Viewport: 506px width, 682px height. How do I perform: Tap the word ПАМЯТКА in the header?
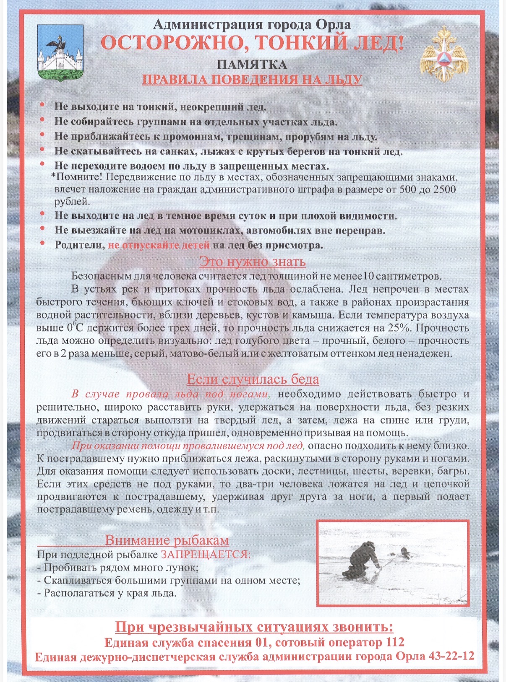click(x=252, y=65)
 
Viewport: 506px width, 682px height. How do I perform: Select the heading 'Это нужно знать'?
click(x=252, y=262)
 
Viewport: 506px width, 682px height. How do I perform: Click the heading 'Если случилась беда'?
click(x=253, y=379)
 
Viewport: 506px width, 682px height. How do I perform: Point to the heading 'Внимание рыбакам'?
click(x=167, y=540)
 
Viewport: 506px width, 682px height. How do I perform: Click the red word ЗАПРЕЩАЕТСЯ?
click(x=205, y=555)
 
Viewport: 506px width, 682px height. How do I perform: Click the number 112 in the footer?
click(x=394, y=642)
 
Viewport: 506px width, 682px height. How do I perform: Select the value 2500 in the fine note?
click(x=444, y=189)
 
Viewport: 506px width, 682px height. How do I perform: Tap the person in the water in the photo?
click(x=405, y=553)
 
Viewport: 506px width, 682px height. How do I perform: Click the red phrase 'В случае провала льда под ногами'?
click(x=170, y=394)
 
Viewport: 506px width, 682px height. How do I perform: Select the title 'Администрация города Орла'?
click(x=252, y=25)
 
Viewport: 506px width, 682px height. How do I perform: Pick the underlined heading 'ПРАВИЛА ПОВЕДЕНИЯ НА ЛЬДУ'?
click(x=252, y=80)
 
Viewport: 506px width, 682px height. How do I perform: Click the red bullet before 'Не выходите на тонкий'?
click(x=42, y=106)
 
